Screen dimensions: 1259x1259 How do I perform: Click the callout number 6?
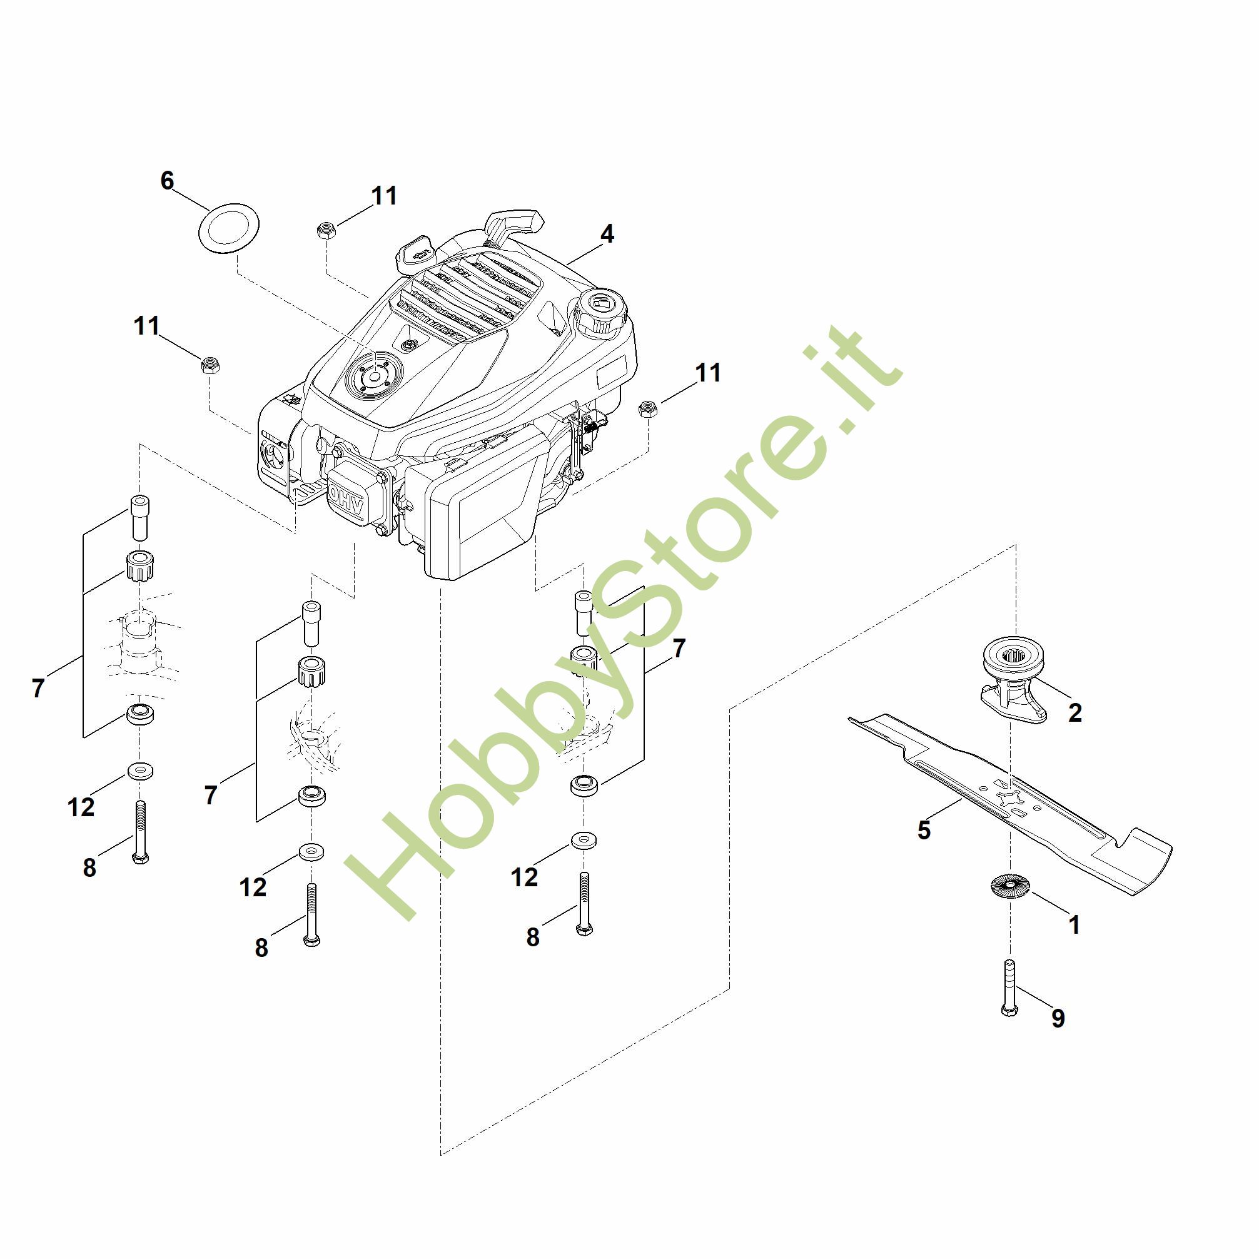click(x=168, y=181)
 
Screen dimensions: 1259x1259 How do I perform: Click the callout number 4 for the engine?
click(x=607, y=234)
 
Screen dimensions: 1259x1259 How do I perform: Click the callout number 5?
click(x=923, y=830)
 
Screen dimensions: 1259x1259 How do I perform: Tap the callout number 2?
click(x=1074, y=712)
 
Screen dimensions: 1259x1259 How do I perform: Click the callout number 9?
click(x=1058, y=1018)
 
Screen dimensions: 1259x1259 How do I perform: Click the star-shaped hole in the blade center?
click(x=1008, y=797)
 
